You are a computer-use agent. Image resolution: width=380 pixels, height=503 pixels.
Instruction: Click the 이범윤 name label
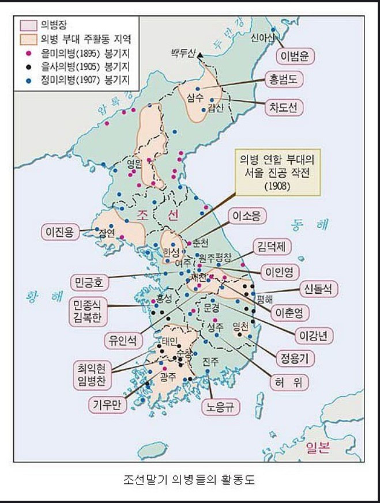click(x=294, y=57)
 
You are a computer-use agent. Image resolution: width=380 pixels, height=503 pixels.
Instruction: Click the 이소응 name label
click(x=246, y=216)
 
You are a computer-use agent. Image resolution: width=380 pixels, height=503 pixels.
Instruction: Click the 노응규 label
click(x=220, y=407)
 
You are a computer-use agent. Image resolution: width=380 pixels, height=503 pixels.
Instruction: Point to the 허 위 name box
click(x=288, y=381)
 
